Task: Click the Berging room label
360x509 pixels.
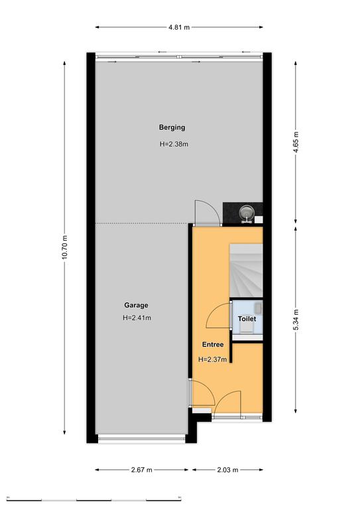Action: pos(172,127)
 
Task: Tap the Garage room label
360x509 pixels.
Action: pos(136,305)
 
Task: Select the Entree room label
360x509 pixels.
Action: pos(213,345)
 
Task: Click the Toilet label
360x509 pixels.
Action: pos(247,319)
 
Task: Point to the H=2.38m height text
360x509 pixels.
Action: pos(174,144)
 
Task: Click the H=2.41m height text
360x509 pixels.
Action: pos(137,318)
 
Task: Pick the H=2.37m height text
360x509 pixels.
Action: pos(212,359)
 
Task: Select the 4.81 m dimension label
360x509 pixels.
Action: pos(179,27)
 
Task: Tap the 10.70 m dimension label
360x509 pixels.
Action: pos(64,247)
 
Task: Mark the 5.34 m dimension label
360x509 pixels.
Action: pos(296,320)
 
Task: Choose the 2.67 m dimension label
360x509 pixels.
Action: pos(141,470)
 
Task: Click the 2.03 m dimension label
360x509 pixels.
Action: pos(227,470)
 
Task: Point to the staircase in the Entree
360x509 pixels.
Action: pos(246,270)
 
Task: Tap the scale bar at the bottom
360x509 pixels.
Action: pos(94,499)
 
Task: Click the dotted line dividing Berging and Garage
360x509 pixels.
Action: pos(142,223)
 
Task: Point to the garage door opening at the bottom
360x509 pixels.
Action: pos(142,439)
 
